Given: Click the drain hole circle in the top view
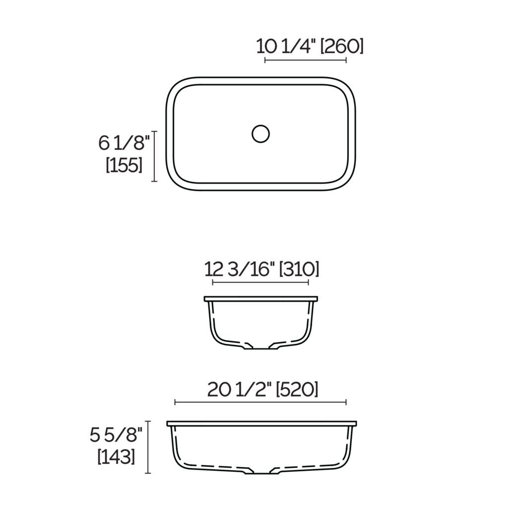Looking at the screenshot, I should coord(260,134).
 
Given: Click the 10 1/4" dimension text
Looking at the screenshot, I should coord(286,46).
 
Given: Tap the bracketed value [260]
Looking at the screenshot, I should coord(342,46).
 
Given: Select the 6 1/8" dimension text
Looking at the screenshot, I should coord(124,143).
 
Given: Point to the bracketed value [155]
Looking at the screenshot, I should coord(124,165).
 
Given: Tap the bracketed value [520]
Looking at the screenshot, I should coord(296,390).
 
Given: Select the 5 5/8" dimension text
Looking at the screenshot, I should coord(117,435).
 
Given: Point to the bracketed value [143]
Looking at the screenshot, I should coord(117,456).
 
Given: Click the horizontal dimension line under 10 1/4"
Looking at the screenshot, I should coord(306,61).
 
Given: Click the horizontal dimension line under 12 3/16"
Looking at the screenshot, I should coord(260,282).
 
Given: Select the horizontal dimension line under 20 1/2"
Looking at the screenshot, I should coord(260,402).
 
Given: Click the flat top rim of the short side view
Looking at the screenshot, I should coord(260,299).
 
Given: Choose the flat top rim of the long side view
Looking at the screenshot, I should coord(261,424).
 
